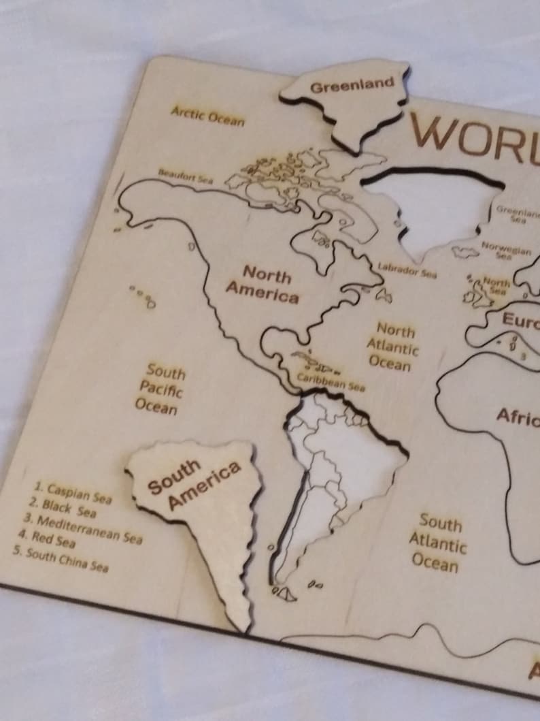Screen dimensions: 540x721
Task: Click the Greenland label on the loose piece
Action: (x=352, y=86)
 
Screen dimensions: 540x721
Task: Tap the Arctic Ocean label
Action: (x=207, y=115)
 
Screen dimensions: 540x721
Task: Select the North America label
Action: (x=263, y=284)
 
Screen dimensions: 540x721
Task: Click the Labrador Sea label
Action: (x=407, y=270)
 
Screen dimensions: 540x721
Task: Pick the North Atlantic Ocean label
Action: (x=392, y=347)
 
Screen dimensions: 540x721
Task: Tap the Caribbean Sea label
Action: (x=331, y=382)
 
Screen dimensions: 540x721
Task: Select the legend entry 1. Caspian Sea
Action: (x=73, y=492)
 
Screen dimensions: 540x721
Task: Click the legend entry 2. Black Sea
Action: (x=63, y=508)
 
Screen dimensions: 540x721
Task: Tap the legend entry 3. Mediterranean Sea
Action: (x=83, y=529)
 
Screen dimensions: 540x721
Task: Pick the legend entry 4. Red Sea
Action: (x=46, y=539)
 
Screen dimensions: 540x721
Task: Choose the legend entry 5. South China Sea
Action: (x=60, y=559)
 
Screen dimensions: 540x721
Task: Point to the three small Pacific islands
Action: (x=142, y=295)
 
